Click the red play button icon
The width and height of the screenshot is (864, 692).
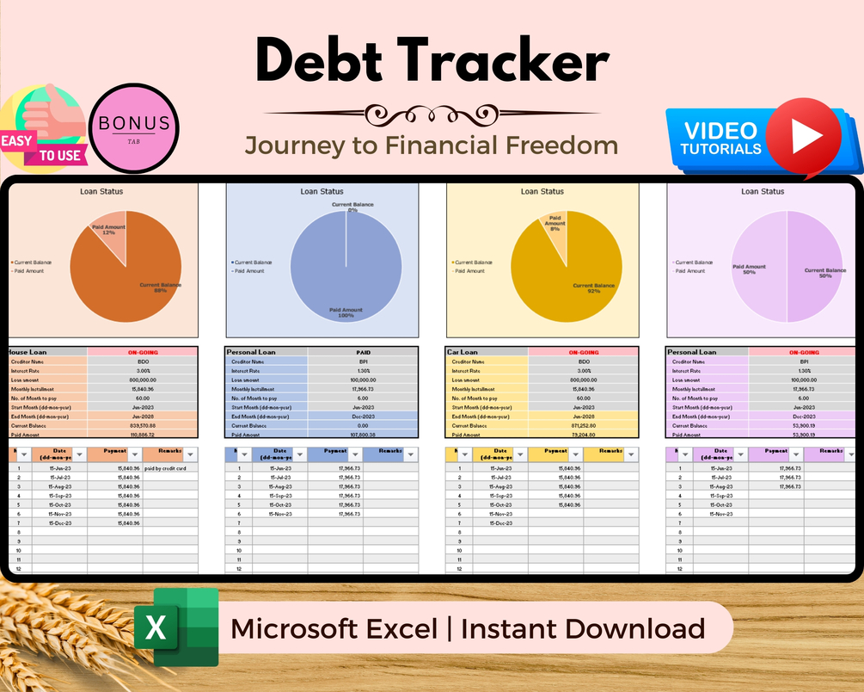pyautogui.click(x=803, y=137)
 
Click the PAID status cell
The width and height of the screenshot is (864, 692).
pyautogui.click(x=363, y=352)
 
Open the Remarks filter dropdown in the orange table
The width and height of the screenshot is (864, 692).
pyautogui.click(x=190, y=454)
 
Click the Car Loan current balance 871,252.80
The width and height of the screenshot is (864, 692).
pyautogui.click(x=583, y=425)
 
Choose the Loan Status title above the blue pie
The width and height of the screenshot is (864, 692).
pyautogui.click(x=321, y=192)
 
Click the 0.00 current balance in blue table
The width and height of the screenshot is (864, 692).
pyautogui.click(x=363, y=425)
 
